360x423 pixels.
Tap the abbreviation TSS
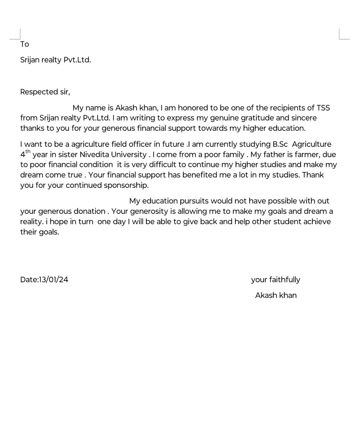tap(323, 108)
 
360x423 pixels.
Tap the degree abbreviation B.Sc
tap(280, 144)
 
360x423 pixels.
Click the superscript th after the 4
tap(28, 152)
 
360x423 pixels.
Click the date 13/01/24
tap(54, 280)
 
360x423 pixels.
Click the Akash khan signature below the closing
tap(276, 295)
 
